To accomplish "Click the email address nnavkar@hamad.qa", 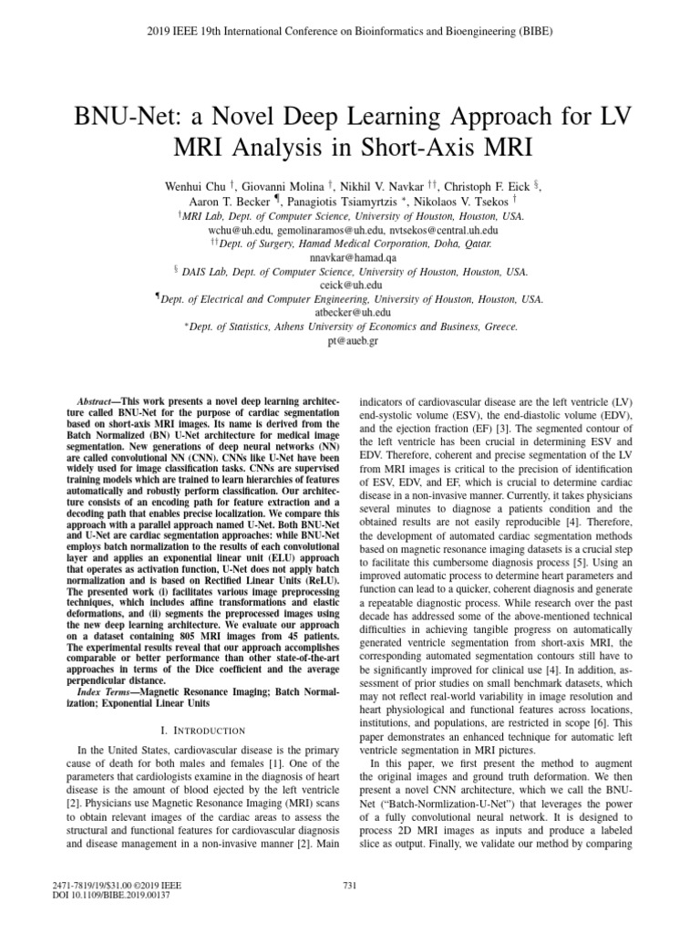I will (x=349, y=258).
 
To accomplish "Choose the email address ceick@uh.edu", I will (x=350, y=285).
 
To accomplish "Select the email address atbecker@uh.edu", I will (x=350, y=312).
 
